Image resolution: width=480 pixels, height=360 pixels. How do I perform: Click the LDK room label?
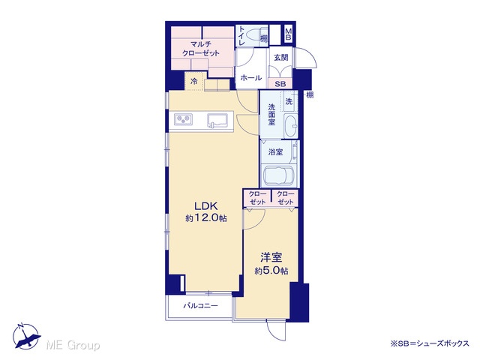(205, 205)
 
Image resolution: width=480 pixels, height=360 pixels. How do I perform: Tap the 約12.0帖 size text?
(206, 218)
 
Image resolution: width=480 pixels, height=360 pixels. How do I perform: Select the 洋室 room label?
(271, 257)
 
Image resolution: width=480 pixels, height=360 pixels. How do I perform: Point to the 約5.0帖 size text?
(271, 271)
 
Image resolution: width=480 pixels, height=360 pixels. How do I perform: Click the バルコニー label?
(201, 305)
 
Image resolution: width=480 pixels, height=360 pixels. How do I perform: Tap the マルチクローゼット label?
(201, 49)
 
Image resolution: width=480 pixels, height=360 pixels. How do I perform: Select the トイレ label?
(241, 36)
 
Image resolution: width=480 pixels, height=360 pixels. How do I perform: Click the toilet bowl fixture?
(253, 36)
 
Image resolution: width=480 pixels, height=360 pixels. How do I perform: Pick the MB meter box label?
(288, 34)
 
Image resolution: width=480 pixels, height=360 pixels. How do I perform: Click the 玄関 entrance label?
(281, 57)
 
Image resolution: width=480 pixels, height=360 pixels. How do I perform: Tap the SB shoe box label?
(280, 83)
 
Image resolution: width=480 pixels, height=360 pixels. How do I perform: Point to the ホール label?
(251, 78)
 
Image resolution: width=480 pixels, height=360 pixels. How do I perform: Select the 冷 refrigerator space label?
(193, 82)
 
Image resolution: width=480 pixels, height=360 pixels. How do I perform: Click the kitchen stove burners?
(184, 119)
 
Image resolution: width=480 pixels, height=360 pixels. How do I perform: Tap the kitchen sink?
(217, 119)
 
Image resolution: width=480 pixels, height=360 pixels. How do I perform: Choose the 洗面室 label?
(271, 115)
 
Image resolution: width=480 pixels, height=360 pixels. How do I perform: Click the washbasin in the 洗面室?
(291, 126)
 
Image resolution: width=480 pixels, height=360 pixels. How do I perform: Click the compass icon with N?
(27, 336)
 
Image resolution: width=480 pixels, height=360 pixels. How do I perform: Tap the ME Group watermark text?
(73, 345)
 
